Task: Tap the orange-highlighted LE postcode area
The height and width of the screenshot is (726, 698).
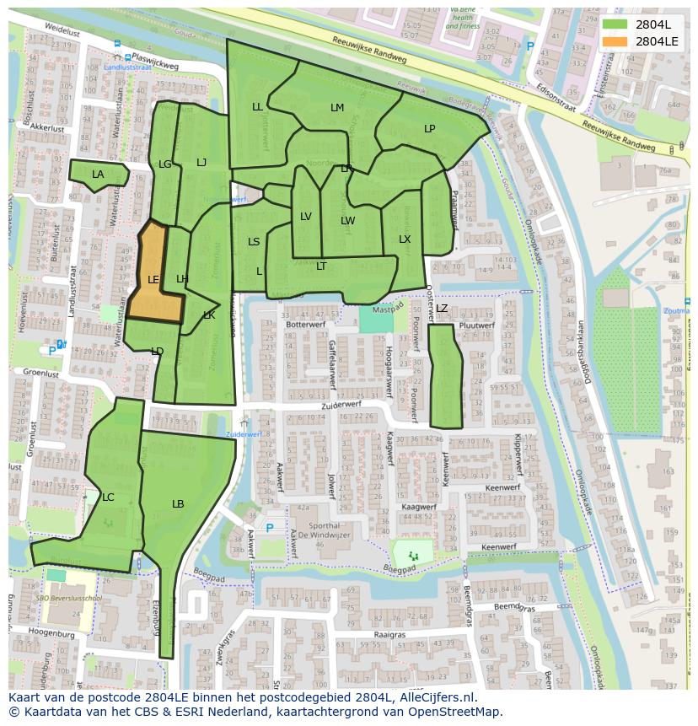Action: [x=153, y=279]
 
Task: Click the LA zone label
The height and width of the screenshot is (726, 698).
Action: [x=98, y=175]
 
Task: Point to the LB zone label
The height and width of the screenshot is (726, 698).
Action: [x=178, y=504]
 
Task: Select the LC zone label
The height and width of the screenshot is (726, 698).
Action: [x=108, y=497]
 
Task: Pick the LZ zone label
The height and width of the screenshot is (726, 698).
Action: [x=442, y=309]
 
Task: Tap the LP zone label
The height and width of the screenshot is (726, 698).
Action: [x=430, y=129]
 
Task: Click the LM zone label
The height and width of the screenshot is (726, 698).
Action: [x=337, y=107]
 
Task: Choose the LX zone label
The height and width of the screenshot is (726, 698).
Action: [x=405, y=239]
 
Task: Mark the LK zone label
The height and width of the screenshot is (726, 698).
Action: [x=209, y=315]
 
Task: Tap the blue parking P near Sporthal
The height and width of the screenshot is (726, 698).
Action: [x=270, y=529]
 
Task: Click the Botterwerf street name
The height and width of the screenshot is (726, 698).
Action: [x=305, y=324]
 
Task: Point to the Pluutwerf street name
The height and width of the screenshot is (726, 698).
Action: [x=478, y=325]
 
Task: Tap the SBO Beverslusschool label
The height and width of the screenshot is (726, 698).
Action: [x=69, y=598]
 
